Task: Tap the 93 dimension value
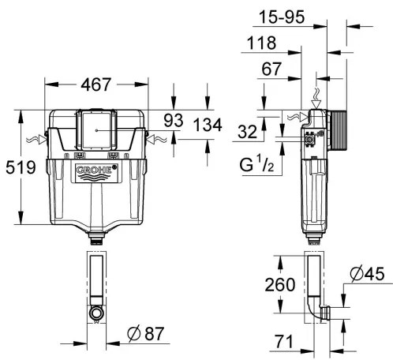point(174,120)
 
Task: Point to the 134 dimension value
point(207,126)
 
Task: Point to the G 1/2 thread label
point(256,167)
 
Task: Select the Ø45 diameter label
point(365,274)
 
